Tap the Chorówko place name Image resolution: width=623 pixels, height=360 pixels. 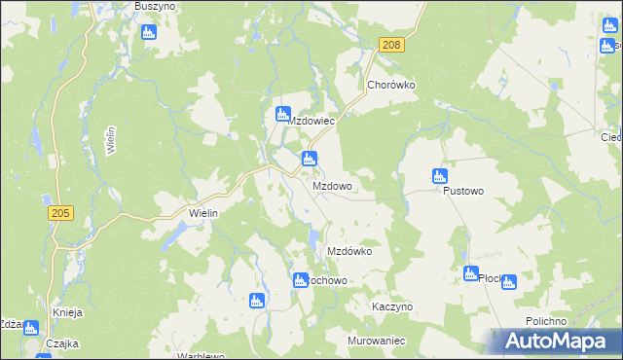391,85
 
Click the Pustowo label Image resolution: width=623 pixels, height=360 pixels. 463,192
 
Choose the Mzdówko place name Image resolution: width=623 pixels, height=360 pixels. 349,251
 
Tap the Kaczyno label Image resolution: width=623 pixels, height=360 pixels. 392,306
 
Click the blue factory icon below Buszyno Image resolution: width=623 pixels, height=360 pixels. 149,32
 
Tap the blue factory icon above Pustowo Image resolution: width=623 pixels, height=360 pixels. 438,176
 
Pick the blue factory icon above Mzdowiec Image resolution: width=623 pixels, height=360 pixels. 283,113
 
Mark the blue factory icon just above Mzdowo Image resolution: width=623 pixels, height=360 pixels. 309,159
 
